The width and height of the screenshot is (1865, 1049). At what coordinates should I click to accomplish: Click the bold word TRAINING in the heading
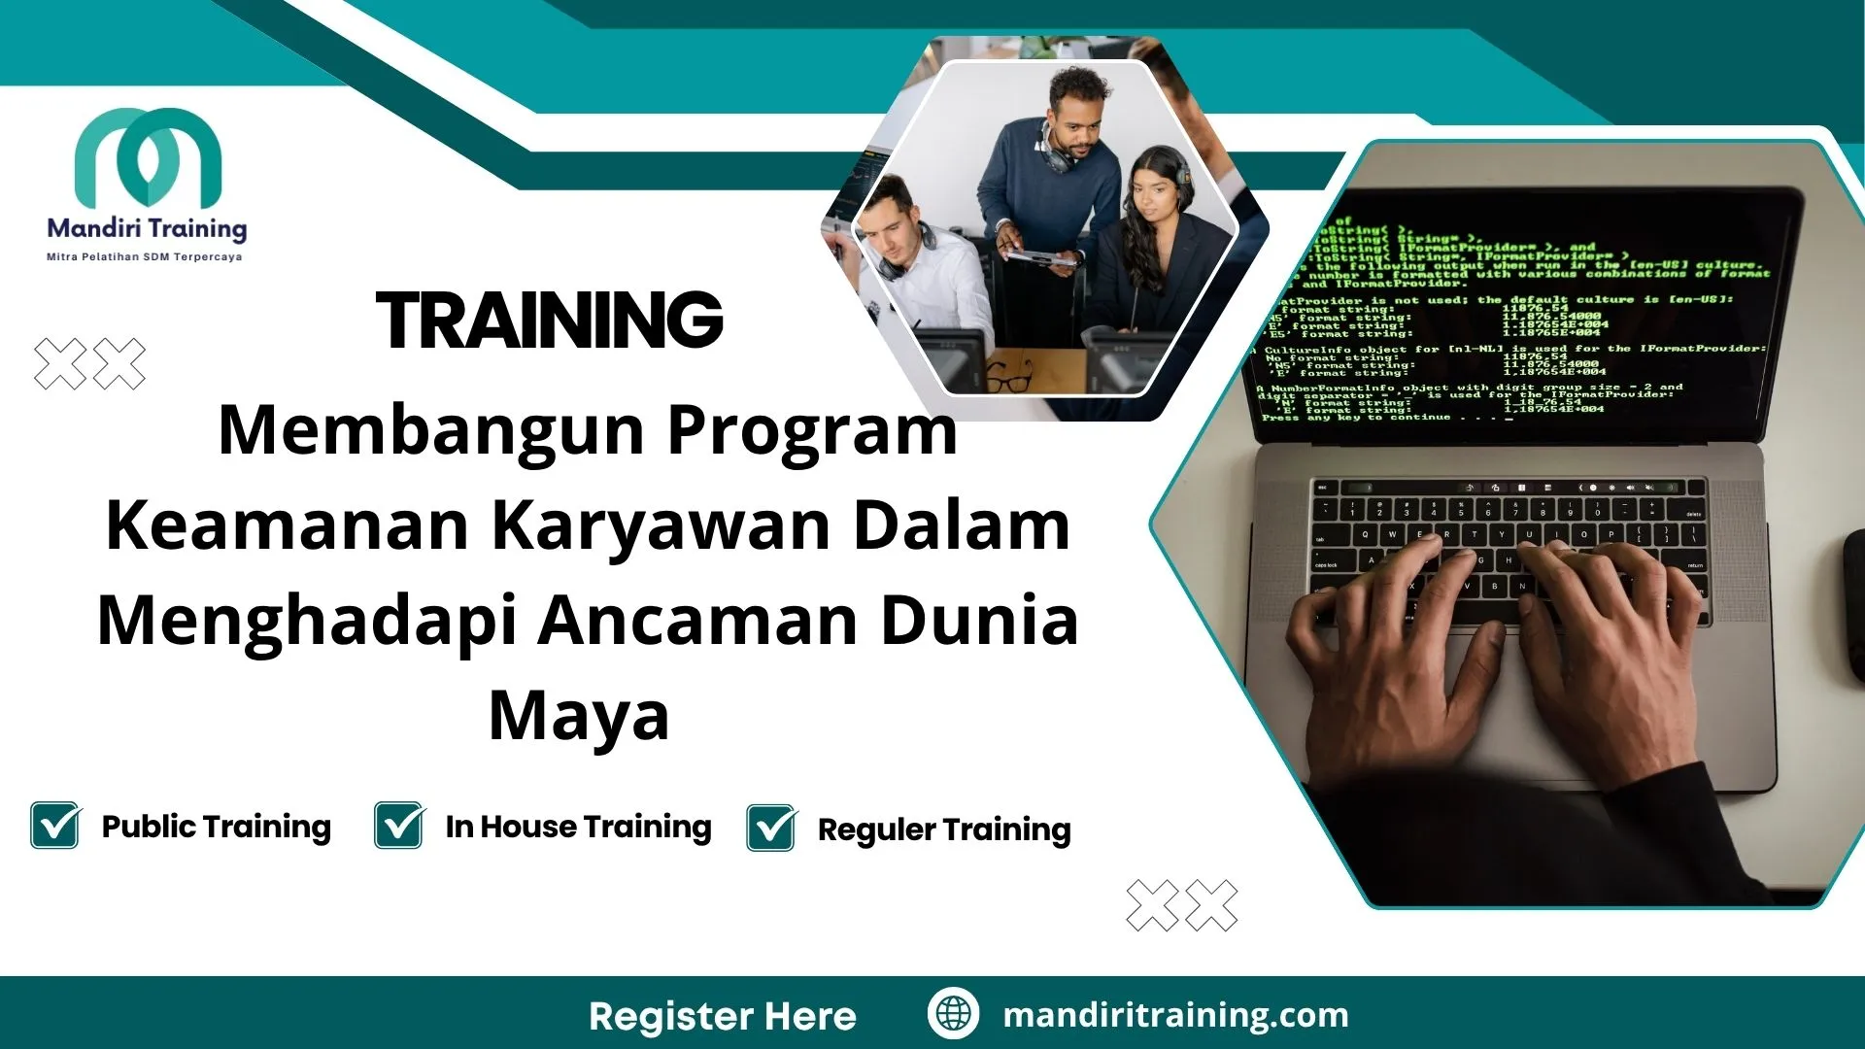pos(550,321)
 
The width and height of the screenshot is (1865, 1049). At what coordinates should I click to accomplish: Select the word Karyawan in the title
pos(661,526)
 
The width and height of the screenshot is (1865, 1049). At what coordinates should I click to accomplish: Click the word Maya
pos(579,716)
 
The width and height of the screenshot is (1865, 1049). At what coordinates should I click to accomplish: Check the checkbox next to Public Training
pos(55,826)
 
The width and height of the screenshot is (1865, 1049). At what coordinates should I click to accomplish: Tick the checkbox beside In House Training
pos(399,826)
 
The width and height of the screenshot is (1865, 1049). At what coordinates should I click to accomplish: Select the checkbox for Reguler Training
pos(771,829)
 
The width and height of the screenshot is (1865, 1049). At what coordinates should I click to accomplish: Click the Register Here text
pos(723,1016)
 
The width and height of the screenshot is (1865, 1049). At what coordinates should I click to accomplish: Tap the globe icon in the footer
pos(953,1013)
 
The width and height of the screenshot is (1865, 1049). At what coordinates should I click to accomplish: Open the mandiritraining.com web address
pos(1175,1015)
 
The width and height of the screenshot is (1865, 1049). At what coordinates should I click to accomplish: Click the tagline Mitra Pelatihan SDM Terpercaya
pos(145,257)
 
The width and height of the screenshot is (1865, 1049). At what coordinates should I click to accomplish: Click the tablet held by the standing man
pos(1039,258)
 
